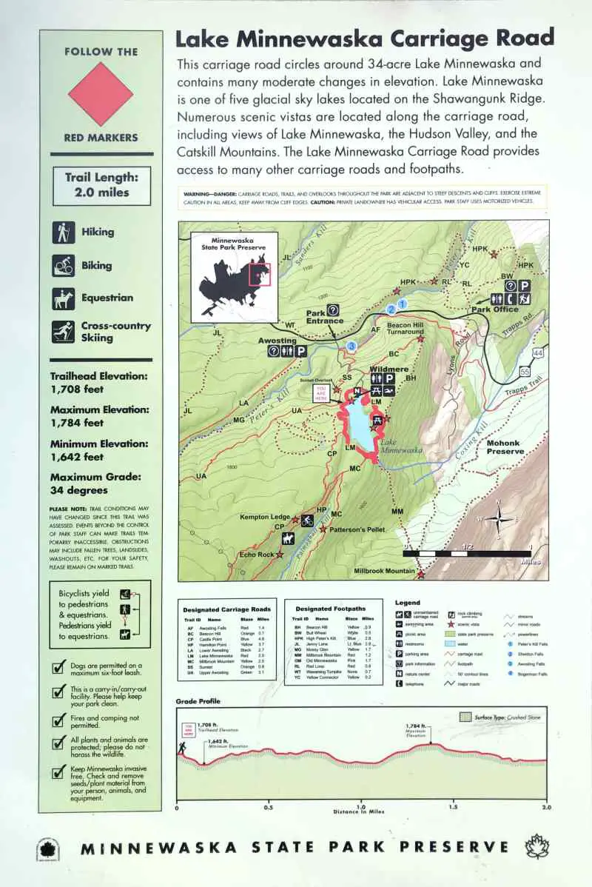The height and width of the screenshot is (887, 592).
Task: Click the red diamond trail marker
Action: pos(101,94)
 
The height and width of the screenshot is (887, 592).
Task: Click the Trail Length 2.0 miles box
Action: pos(101,186)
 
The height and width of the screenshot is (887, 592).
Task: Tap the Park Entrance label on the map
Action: pos(325,316)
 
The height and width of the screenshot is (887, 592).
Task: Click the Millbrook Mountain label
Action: pos(384,571)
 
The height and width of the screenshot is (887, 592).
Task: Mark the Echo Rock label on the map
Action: pos(257,555)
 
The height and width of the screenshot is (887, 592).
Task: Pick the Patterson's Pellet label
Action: pos(357,529)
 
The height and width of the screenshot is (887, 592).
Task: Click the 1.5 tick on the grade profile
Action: pos(453,807)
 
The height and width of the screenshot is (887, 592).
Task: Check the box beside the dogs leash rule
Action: pos(58,667)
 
